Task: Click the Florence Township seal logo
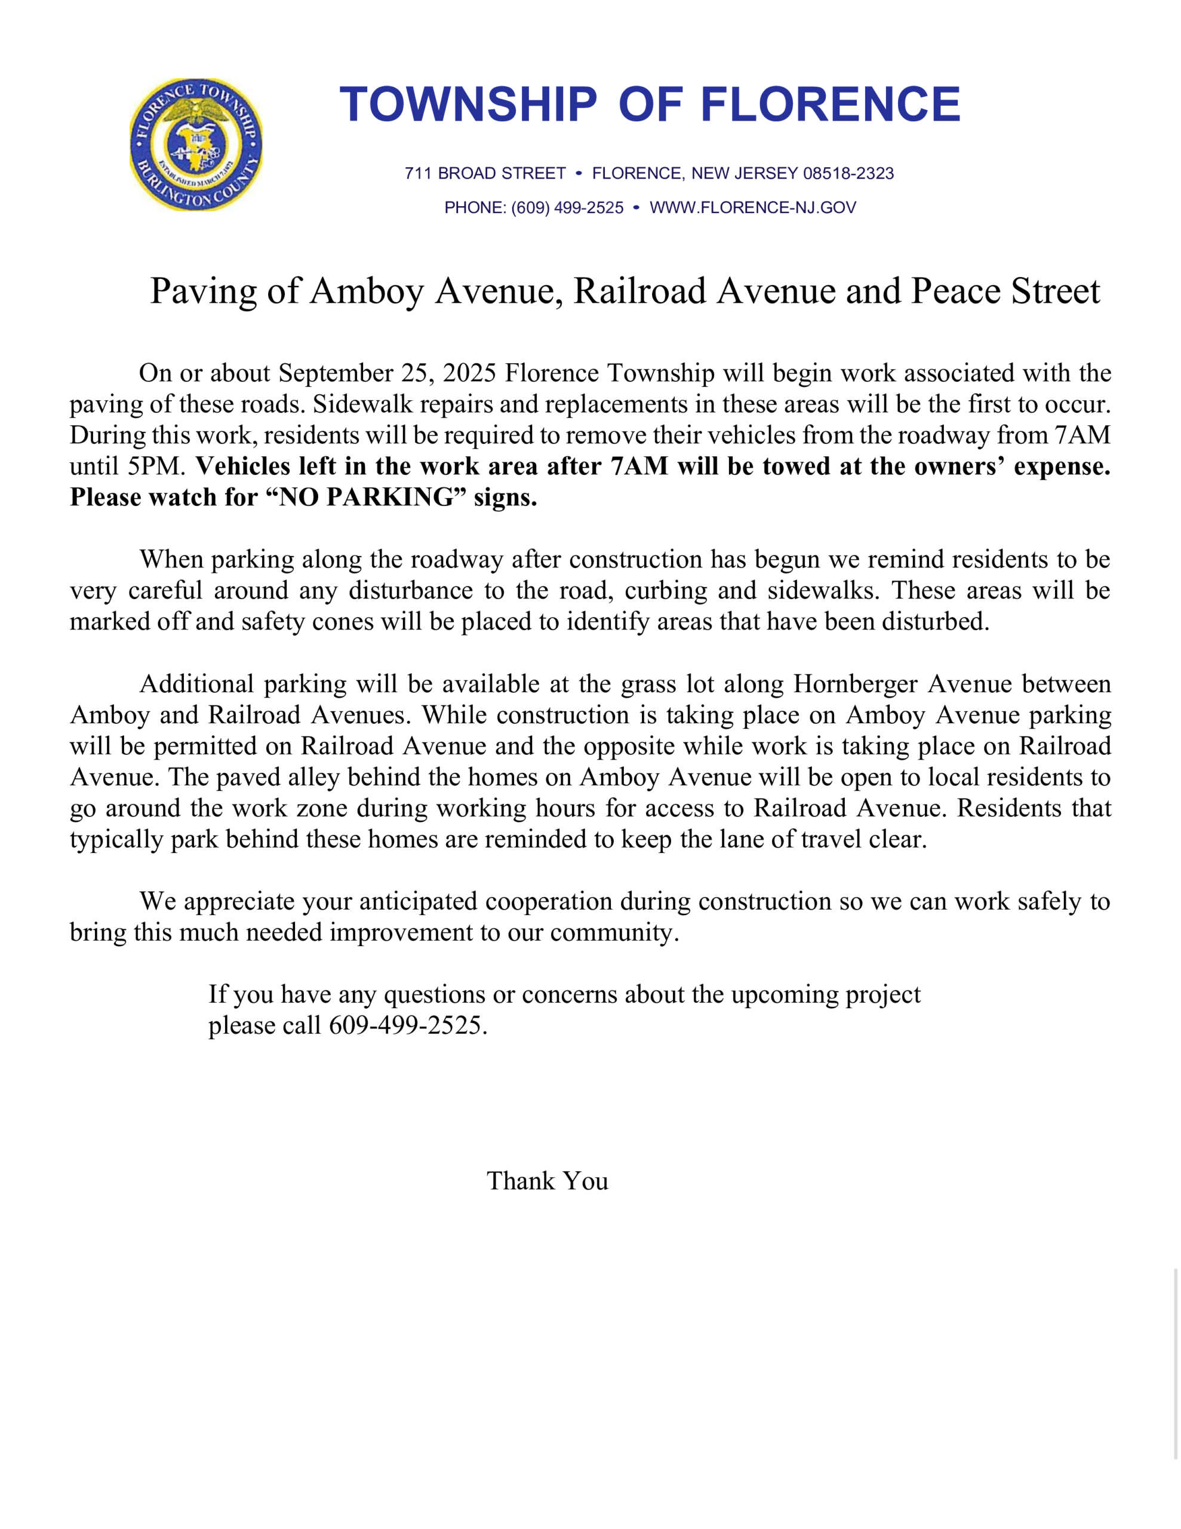pyautogui.click(x=196, y=144)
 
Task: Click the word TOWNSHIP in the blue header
pyautogui.click(x=468, y=105)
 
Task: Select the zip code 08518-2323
pyautogui.click(x=848, y=173)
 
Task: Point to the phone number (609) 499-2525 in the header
pyautogui.click(x=567, y=207)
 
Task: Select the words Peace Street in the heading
pyautogui.click(x=1005, y=291)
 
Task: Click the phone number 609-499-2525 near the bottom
pyautogui.click(x=407, y=1026)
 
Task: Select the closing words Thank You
pyautogui.click(x=548, y=1181)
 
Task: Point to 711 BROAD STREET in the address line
pyautogui.click(x=485, y=173)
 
